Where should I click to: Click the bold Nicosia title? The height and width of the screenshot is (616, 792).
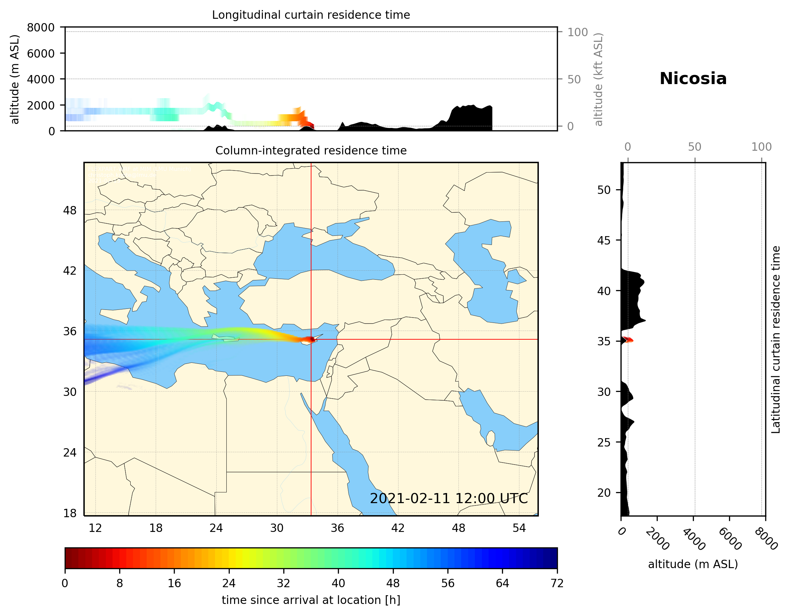693,79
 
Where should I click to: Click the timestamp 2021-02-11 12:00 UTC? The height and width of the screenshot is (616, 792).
449,498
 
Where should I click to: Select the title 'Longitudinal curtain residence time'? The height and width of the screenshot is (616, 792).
311,15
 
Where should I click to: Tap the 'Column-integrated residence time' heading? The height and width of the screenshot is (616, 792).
311,150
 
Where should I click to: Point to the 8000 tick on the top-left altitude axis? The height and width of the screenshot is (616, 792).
41,27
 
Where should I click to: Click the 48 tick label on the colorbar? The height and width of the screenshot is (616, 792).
393,584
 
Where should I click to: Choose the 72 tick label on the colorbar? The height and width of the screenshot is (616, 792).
557,584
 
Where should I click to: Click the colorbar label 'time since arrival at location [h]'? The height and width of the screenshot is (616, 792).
311,600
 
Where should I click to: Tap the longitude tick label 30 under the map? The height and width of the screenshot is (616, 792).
277,528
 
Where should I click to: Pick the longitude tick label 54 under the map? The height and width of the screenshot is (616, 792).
519,528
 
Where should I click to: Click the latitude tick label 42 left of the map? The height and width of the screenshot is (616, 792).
70,271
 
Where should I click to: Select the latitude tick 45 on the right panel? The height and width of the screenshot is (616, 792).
604,240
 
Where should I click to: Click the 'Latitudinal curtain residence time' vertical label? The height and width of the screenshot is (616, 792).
775,339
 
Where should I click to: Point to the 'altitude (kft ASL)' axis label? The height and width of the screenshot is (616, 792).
598,79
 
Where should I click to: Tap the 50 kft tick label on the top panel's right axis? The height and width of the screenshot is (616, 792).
574,79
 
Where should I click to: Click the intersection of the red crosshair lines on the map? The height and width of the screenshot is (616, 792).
311,339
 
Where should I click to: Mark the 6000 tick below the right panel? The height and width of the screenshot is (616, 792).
730,538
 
